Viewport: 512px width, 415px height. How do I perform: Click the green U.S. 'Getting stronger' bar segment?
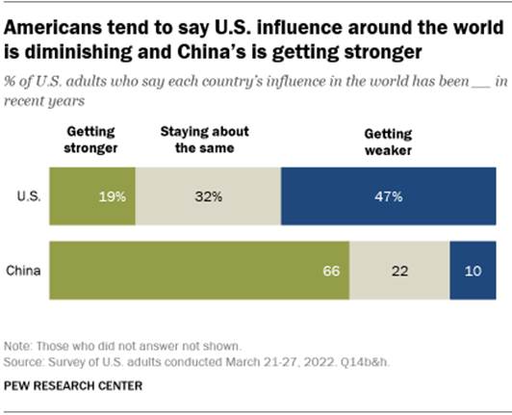coord(92,195)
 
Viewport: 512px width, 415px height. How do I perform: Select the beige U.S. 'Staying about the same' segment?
coord(208,195)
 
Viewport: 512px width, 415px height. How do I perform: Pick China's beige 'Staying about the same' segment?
coord(399,272)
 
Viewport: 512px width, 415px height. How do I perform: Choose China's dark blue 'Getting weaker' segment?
coord(472,272)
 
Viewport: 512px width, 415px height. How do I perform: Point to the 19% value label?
coord(112,196)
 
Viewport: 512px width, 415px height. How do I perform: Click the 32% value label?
coord(208,196)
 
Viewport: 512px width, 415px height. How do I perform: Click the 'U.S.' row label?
coord(27,196)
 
